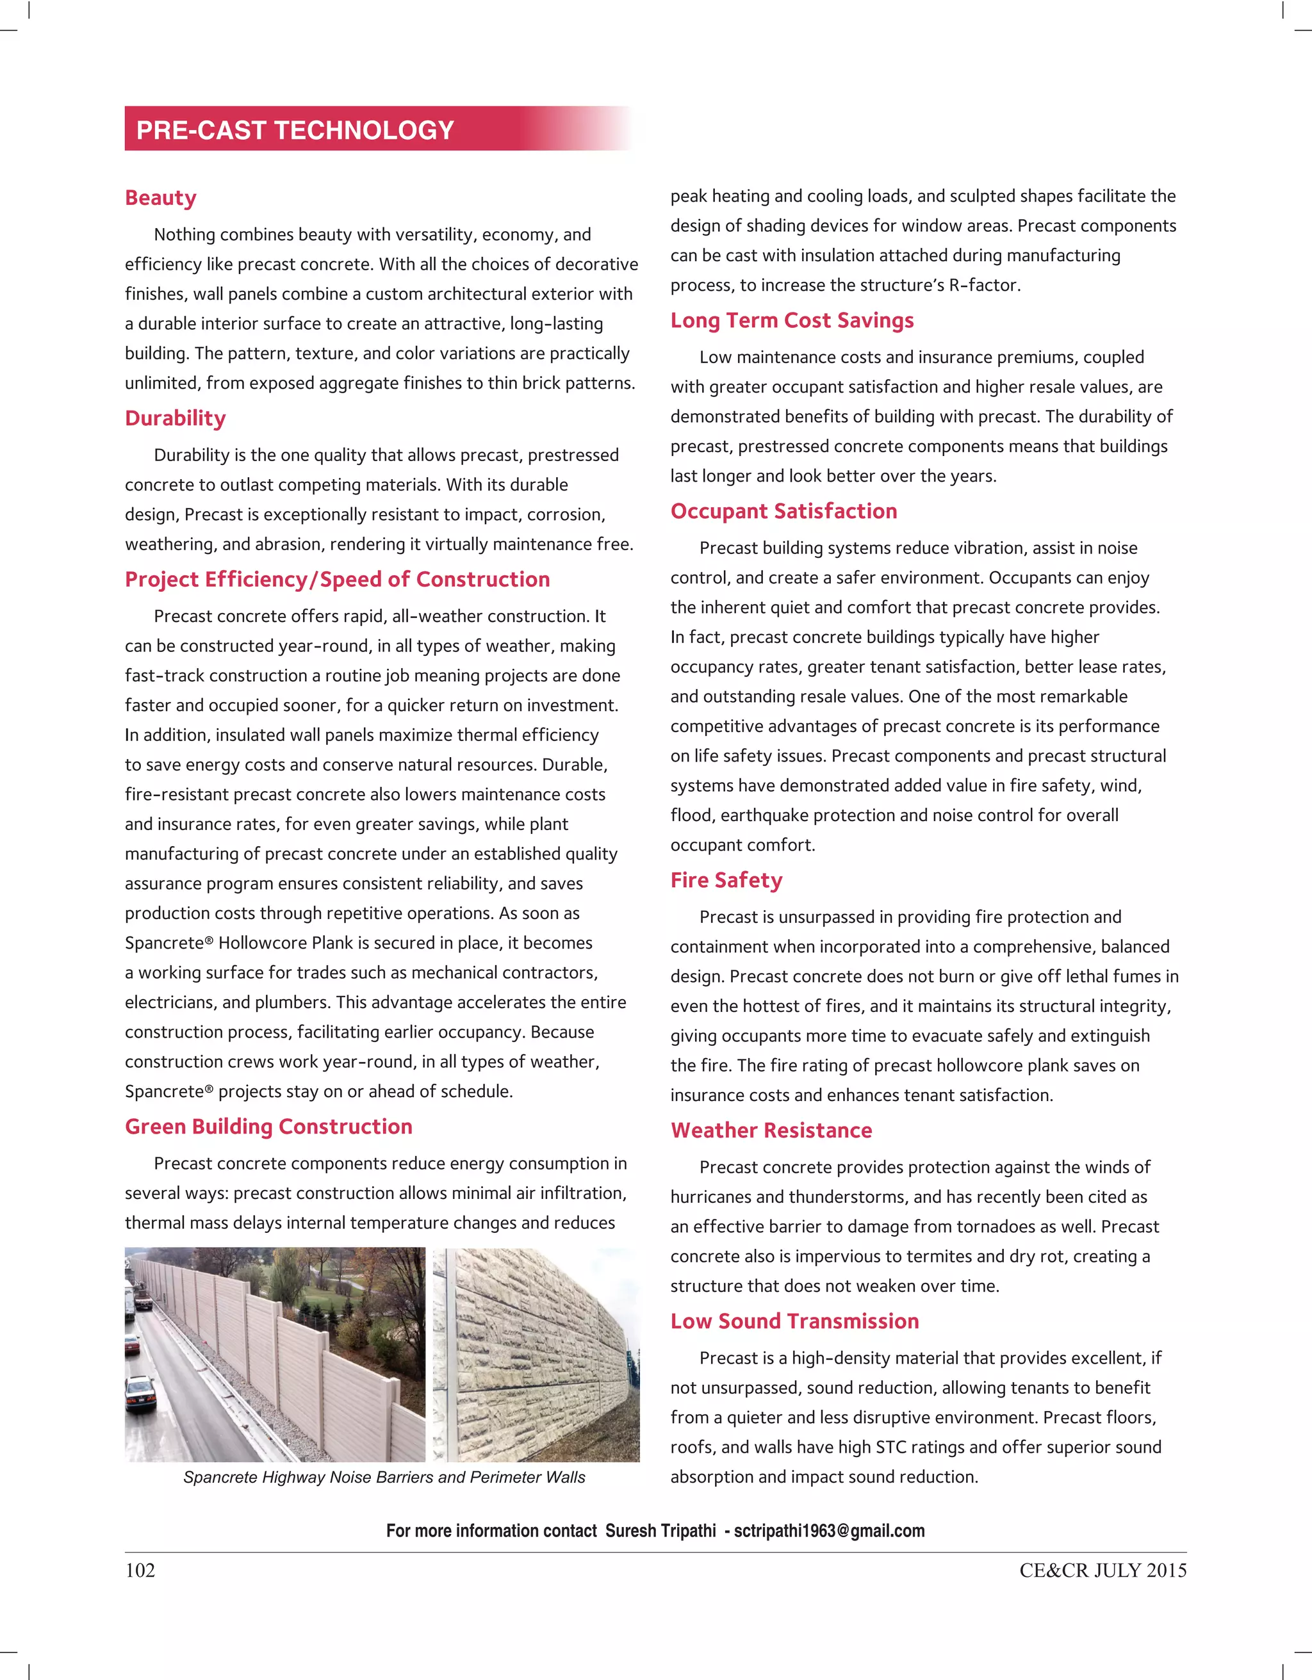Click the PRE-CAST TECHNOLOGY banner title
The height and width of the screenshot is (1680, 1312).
295,130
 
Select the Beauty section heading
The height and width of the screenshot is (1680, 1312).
161,198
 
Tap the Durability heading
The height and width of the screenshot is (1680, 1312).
176,418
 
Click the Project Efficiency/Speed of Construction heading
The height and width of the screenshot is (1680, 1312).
337,579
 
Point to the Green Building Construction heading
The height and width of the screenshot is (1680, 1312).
268,1127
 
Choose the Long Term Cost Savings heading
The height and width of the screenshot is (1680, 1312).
792,320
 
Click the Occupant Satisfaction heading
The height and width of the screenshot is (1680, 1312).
783,512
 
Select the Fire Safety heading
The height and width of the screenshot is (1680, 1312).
726,880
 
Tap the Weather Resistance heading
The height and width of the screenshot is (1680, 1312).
771,1130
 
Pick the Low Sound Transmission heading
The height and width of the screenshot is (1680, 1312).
794,1321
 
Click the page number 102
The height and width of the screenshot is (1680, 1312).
140,1570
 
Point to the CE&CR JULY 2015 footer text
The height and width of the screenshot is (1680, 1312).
1103,1570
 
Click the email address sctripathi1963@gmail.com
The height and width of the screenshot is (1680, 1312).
829,1531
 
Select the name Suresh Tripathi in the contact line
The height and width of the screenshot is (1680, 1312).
660,1531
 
